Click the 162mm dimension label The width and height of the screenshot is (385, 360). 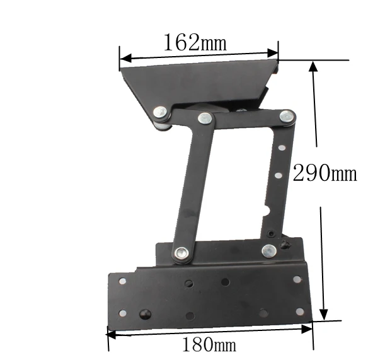pyautogui.click(x=195, y=42)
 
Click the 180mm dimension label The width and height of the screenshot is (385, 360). pyautogui.click(x=209, y=344)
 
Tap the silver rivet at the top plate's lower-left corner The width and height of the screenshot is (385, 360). pyautogui.click(x=160, y=113)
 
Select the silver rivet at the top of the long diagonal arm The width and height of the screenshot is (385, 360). pyautogui.click(x=205, y=118)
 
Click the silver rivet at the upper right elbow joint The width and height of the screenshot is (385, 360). pyautogui.click(x=287, y=116)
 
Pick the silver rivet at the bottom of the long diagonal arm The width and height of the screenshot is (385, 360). pyautogui.click(x=181, y=253)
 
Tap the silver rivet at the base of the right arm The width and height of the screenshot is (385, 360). pyautogui.click(x=269, y=251)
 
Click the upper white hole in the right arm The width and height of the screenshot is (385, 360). pyautogui.click(x=282, y=148)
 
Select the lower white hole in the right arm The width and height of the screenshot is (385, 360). pyautogui.click(x=278, y=175)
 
